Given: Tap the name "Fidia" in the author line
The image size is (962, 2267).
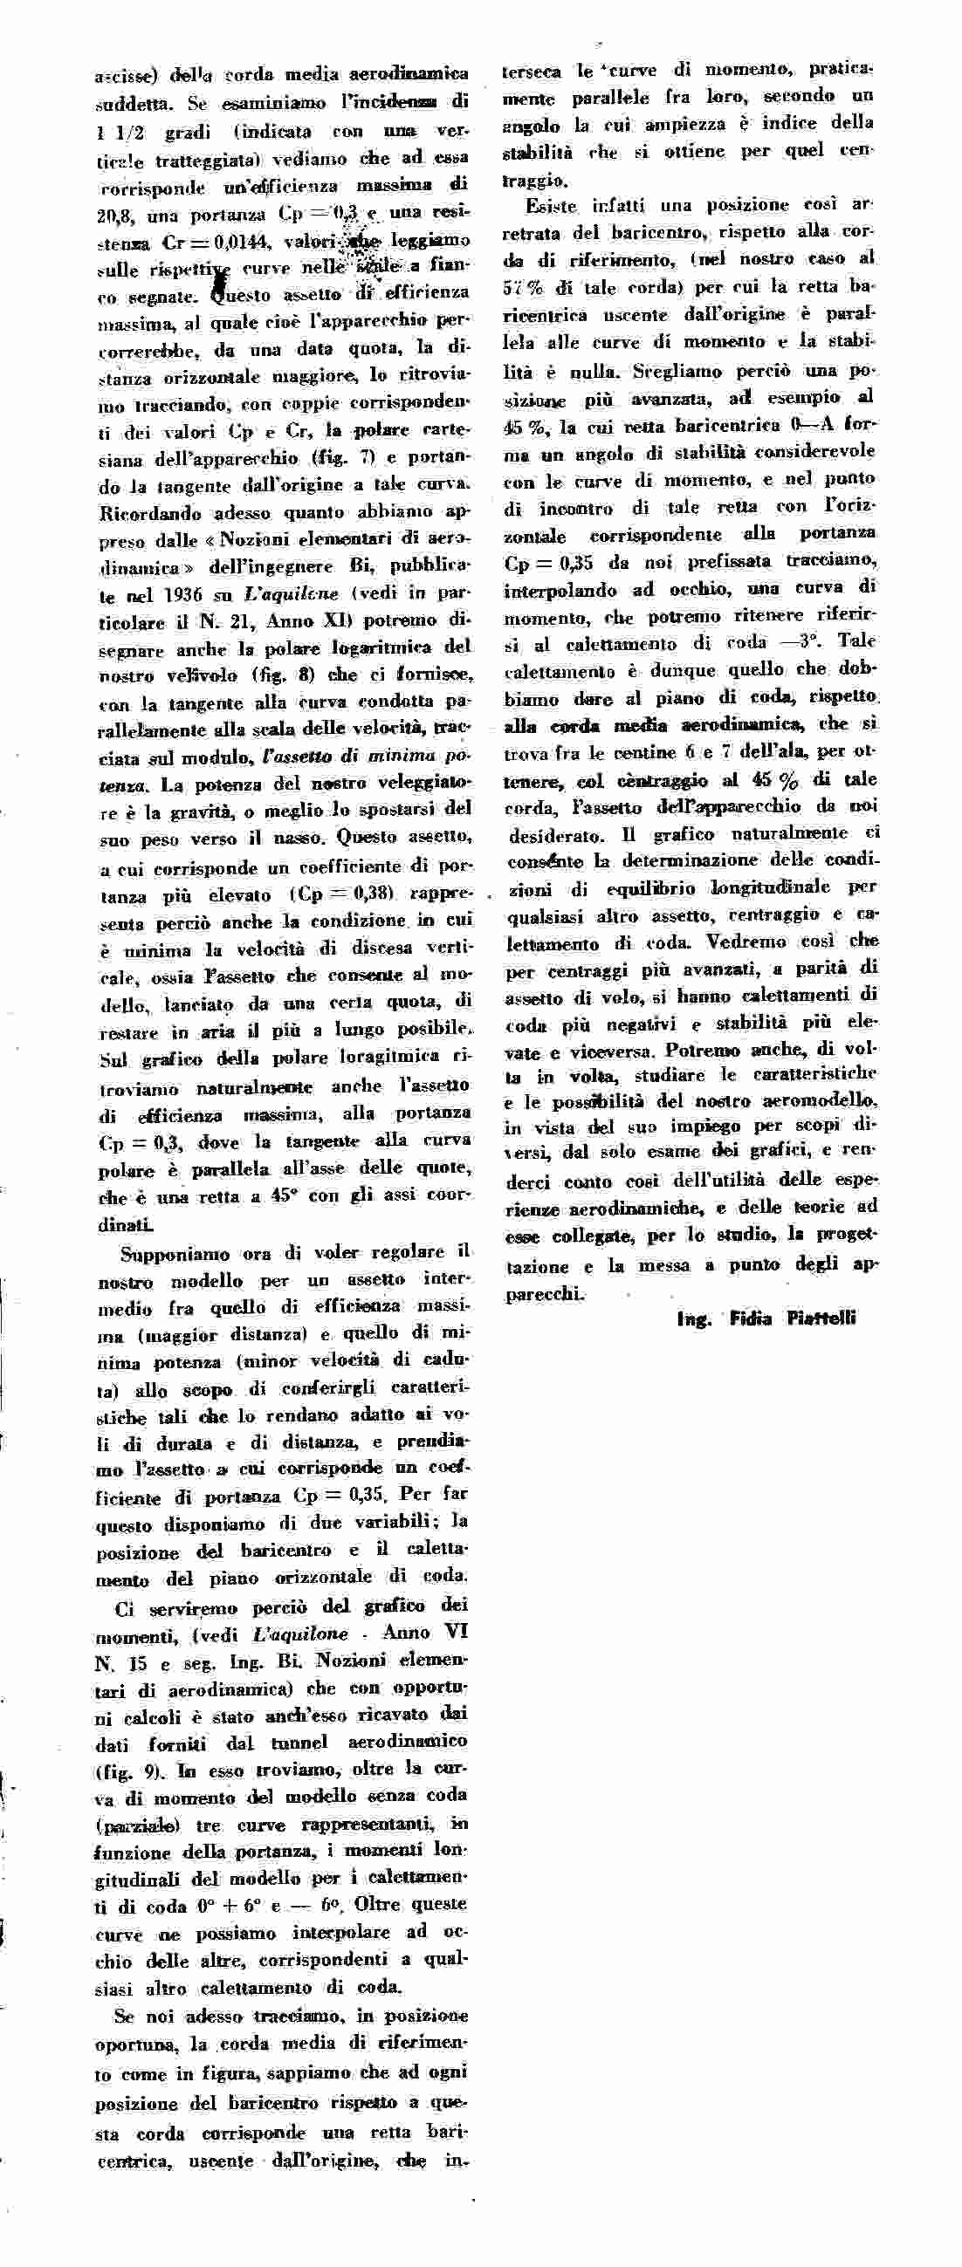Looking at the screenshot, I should pyautogui.click(x=750, y=1318).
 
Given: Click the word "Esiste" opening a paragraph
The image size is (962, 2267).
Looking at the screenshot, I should pyautogui.click(x=552, y=207).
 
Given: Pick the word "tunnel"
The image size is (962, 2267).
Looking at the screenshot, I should pyautogui.click(x=299, y=1743).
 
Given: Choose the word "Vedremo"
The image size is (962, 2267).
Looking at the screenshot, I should pyautogui.click(x=791, y=941).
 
